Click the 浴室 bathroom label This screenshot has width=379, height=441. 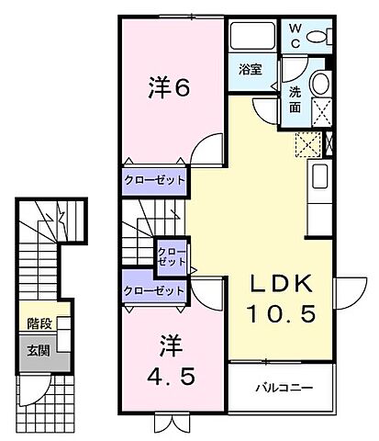pyautogui.click(x=251, y=69)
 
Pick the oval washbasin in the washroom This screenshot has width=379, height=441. pyautogui.click(x=321, y=84)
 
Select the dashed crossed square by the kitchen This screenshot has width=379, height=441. pyautogui.click(x=307, y=144)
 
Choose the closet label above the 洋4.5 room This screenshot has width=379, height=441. pyautogui.click(x=154, y=291)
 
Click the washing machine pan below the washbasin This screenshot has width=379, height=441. pyautogui.click(x=320, y=111)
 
